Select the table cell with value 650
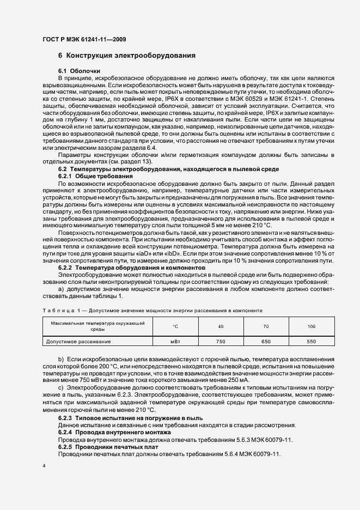pyautogui.click(x=266, y=341)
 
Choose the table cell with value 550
pyautogui.click(x=311, y=341)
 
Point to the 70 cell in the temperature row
pyautogui.click(x=266, y=326)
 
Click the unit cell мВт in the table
pyautogui.click(x=175, y=341)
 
